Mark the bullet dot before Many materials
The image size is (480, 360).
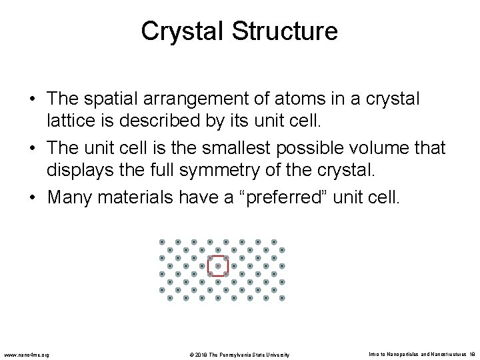[x=33, y=198]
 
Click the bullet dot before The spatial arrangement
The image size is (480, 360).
[x=33, y=99]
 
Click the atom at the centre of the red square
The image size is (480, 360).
[x=218, y=266]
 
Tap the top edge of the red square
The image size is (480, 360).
[x=218, y=256]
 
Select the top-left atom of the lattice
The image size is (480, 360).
[x=162, y=241]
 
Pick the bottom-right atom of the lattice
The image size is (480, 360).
[x=282, y=298]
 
